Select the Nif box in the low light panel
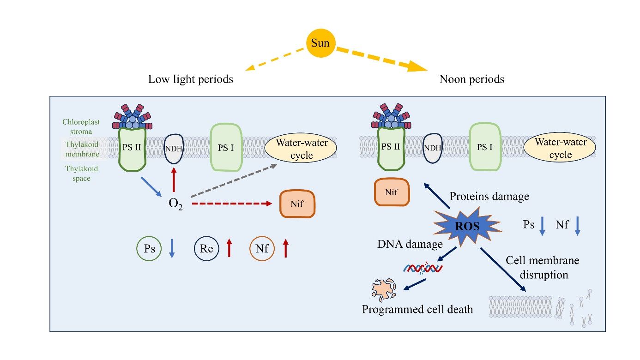pyautogui.click(x=297, y=204)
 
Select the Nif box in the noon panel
pyautogui.click(x=391, y=192)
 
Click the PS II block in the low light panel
pyautogui.click(x=132, y=148)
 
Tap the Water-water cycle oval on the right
pyautogui.click(x=560, y=148)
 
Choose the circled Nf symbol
pyautogui.click(x=262, y=248)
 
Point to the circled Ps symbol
pyautogui.click(x=149, y=248)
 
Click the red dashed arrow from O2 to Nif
pyautogui.click(x=231, y=204)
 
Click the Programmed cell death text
pyautogui.click(x=417, y=309)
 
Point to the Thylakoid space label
pyautogui.click(x=81, y=174)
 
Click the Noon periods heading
pyautogui.click(x=471, y=79)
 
